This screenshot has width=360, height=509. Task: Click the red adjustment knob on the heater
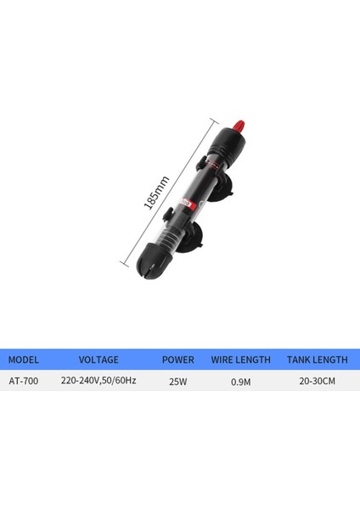(x=239, y=125)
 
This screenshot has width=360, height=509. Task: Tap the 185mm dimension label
(x=156, y=193)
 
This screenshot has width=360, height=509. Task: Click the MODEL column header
(x=24, y=360)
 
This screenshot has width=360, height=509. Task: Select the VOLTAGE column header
(x=98, y=360)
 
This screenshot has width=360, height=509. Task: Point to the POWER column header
(x=177, y=360)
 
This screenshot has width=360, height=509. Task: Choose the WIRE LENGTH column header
(x=241, y=360)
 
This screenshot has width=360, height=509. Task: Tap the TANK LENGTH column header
(x=317, y=360)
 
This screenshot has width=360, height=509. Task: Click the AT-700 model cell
(x=24, y=381)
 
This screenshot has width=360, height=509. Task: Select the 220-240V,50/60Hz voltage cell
(x=98, y=380)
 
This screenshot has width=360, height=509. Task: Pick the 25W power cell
(x=178, y=382)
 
